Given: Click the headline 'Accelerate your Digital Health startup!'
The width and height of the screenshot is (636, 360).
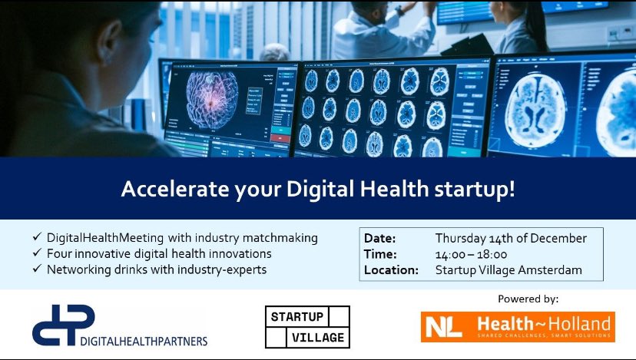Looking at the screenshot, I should [x=317, y=189].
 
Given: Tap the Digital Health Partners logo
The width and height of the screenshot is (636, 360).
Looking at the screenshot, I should [x=120, y=325].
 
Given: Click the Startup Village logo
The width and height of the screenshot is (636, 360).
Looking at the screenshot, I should [x=307, y=326].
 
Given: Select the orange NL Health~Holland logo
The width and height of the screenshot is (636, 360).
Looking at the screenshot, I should [x=518, y=326].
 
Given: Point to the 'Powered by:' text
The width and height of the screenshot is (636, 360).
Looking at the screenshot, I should [x=528, y=299].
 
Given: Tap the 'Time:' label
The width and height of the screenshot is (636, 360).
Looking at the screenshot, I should [x=379, y=254].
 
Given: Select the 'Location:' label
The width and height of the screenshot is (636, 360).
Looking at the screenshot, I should [x=392, y=270].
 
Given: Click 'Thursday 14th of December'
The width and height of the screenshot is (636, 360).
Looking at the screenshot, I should [x=511, y=238].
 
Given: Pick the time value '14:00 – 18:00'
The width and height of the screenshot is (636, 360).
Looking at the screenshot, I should [x=471, y=254].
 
